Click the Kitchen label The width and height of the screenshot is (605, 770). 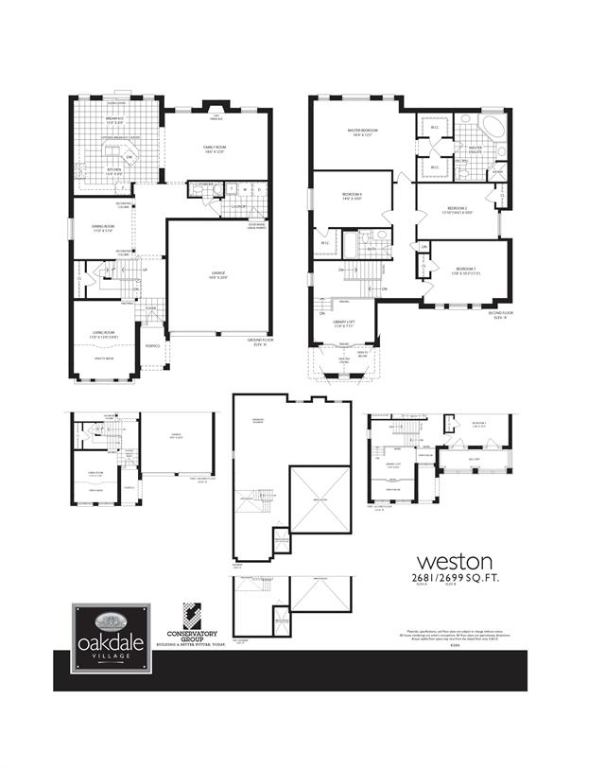tap(113, 171)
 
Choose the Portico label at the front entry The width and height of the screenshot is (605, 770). tap(150, 345)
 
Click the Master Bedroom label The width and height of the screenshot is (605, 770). tap(364, 131)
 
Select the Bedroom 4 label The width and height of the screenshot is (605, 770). tap(353, 196)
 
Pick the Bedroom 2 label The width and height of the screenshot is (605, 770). tap(457, 208)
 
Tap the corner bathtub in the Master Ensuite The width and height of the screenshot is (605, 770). tap(494, 128)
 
